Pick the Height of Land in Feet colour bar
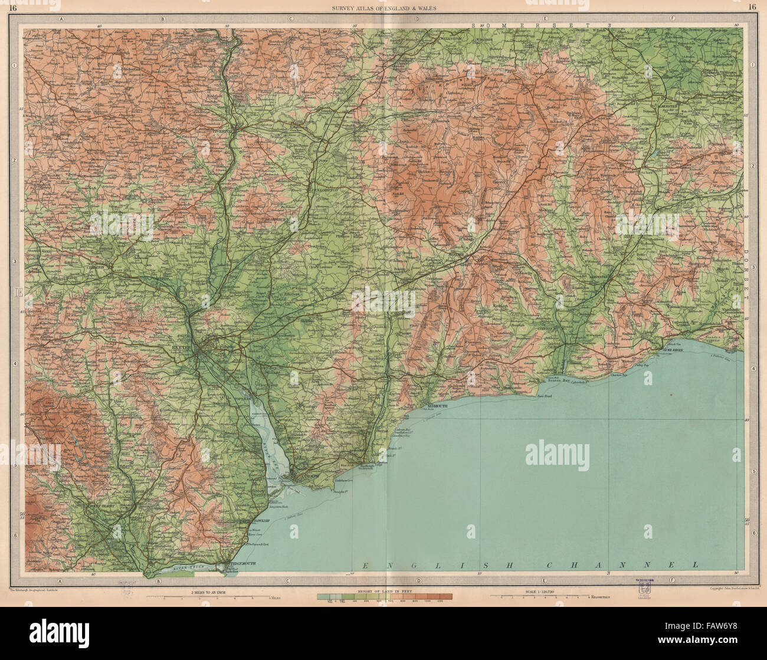coord(385,597)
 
